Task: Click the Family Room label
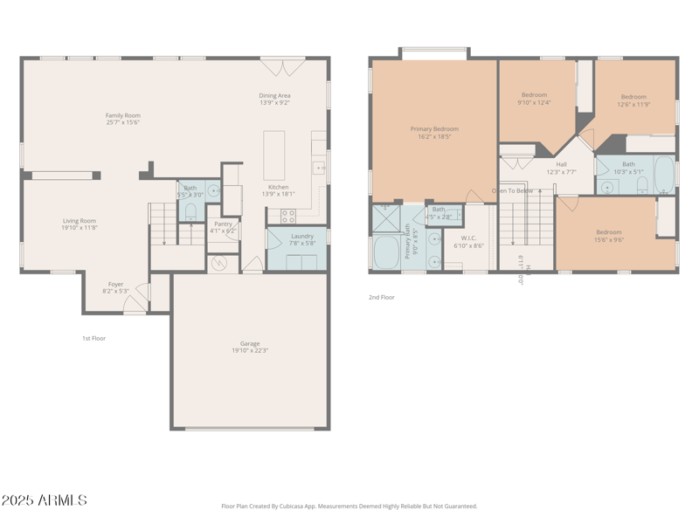tap(122, 115)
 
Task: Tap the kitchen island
tap(274, 155)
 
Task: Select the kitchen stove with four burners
tap(287, 216)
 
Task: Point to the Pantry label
tap(223, 224)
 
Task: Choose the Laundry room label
tap(302, 236)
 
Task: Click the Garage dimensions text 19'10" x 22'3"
tap(250, 351)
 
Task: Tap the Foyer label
tap(115, 284)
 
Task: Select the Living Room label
tap(79, 221)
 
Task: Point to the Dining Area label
tap(274, 95)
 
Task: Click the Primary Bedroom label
tap(434, 129)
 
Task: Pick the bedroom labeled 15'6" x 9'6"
tap(609, 233)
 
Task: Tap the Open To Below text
tap(512, 190)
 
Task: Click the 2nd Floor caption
tap(381, 297)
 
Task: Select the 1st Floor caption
tap(93, 338)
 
